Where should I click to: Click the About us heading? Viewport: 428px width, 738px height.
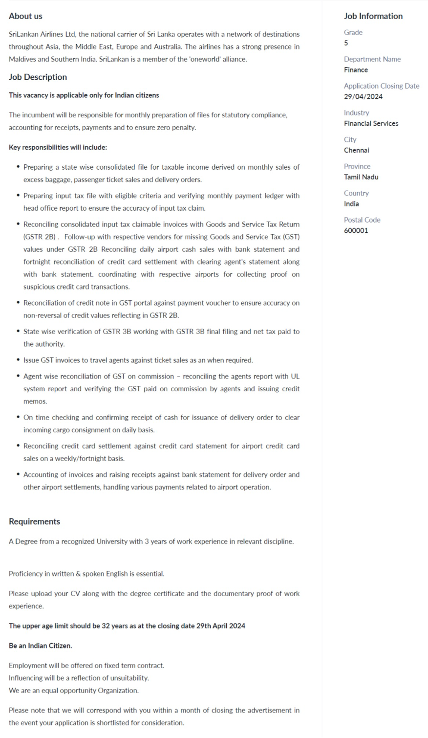(x=25, y=16)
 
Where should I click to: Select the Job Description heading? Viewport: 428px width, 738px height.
(x=38, y=77)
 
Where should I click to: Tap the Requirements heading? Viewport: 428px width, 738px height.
(x=34, y=521)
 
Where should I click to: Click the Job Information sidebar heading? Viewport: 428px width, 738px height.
(x=373, y=16)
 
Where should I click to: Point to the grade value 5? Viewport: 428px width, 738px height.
(x=346, y=43)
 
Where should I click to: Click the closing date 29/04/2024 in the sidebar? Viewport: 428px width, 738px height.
(x=363, y=96)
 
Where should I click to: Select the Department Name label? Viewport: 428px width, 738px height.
(x=372, y=59)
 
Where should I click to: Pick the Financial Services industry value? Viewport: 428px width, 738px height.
(x=371, y=123)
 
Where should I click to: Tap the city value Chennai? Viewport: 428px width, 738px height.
(x=356, y=150)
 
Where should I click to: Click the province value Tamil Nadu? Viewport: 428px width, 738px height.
(x=361, y=177)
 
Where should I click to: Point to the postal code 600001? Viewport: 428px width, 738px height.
(x=356, y=230)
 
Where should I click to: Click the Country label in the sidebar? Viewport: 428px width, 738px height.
(x=356, y=193)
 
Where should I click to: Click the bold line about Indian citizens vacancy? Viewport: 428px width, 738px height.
(x=84, y=95)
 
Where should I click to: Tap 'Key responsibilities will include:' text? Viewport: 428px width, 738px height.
(x=58, y=147)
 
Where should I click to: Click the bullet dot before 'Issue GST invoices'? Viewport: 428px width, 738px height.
(x=19, y=360)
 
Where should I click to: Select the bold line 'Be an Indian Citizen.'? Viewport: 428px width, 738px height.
(x=40, y=646)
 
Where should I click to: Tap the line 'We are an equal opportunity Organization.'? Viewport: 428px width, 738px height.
(x=73, y=691)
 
